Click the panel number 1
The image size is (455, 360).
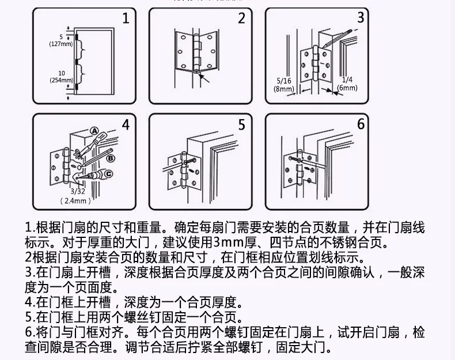coord(126,18)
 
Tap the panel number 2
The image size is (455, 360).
coord(242,18)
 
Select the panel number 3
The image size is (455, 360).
coord(361,17)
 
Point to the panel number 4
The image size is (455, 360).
coord(126,125)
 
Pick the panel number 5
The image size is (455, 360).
coord(242,125)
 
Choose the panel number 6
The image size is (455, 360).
coord(361,124)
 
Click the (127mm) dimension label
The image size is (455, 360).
coord(60,44)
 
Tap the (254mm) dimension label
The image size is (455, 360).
coord(61,79)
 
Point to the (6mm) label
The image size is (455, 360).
coord(347,88)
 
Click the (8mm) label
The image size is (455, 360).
coord(284,89)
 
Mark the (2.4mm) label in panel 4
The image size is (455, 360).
coord(76,201)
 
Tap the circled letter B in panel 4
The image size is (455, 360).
coord(111,157)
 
